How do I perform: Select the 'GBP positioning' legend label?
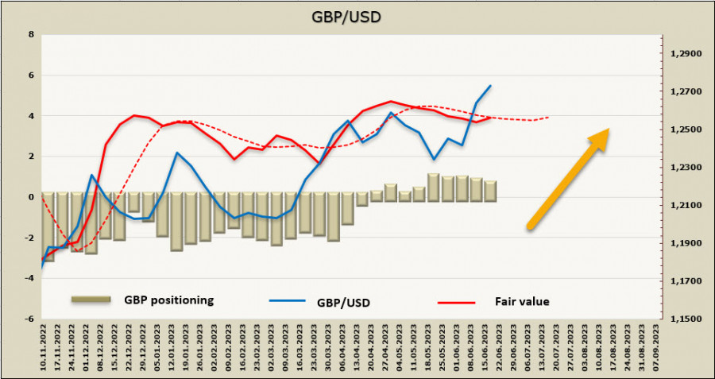(x=168, y=300)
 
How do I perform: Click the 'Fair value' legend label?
(x=522, y=301)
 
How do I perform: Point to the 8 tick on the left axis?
(x=31, y=35)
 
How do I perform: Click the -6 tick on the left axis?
(x=29, y=319)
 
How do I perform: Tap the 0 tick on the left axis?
(x=31, y=197)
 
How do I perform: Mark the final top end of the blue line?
(x=490, y=85)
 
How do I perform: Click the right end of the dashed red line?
(x=548, y=118)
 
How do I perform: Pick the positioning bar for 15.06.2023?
(x=490, y=191)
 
